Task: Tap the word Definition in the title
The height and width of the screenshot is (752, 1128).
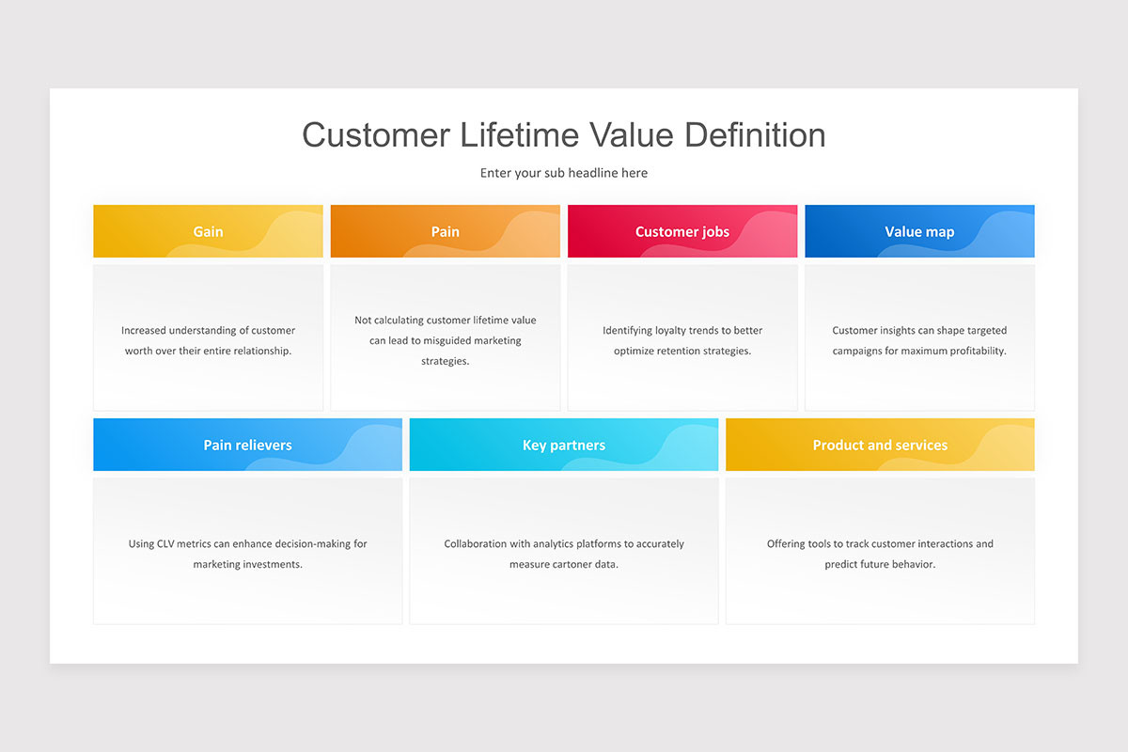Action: [x=755, y=135]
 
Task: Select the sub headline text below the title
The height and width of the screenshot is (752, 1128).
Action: [x=563, y=173]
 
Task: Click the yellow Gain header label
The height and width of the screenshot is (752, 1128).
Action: [x=208, y=231]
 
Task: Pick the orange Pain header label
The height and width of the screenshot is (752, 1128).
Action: [x=446, y=231]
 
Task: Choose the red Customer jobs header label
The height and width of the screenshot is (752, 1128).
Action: [x=682, y=231]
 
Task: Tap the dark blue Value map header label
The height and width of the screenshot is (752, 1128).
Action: [x=919, y=231]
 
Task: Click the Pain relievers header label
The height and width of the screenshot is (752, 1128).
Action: [x=247, y=446]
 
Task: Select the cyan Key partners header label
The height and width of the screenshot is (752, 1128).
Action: [x=563, y=446]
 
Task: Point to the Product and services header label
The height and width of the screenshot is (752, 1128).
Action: [x=880, y=446]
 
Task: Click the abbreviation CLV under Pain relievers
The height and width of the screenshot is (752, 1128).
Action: [x=165, y=544]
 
